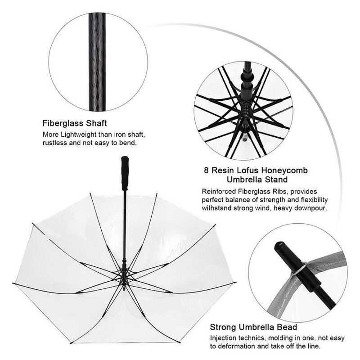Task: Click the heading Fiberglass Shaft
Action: point(75,123)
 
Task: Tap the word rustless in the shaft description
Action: point(55,143)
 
